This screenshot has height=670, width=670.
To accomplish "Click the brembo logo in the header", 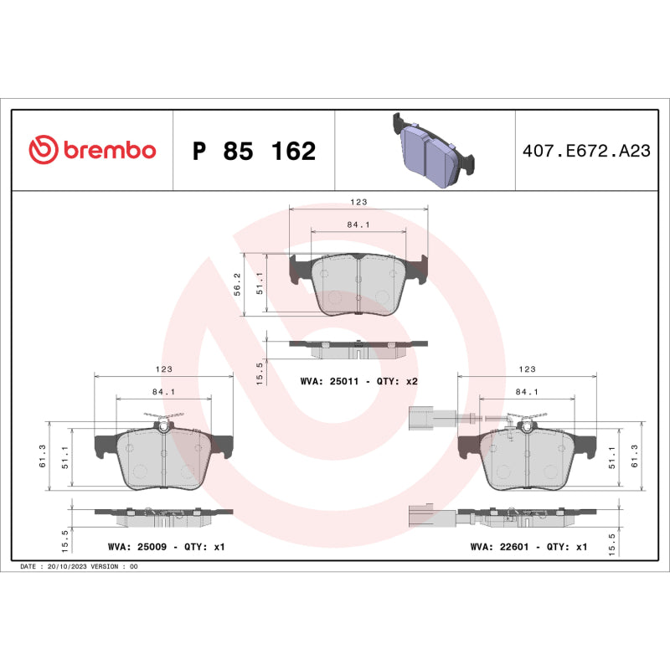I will tap(93, 151).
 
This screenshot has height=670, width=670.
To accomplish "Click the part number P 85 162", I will tap(254, 152).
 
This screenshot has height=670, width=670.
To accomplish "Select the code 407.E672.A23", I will tap(585, 152).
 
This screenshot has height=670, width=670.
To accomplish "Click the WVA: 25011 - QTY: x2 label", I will tap(358, 380).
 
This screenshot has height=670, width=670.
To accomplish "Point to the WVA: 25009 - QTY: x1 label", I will tap(166, 546).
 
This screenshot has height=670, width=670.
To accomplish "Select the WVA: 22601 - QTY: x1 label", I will tap(529, 546).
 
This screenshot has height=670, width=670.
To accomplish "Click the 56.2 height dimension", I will tap(238, 285).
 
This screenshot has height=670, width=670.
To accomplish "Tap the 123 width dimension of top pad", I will tap(358, 202).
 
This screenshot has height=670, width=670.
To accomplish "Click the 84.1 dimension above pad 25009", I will tap(164, 391).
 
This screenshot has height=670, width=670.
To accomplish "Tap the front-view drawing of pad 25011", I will tap(358, 284).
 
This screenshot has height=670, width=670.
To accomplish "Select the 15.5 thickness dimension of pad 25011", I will tap(260, 370).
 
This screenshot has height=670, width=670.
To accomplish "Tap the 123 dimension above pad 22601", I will tap(527, 369).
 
